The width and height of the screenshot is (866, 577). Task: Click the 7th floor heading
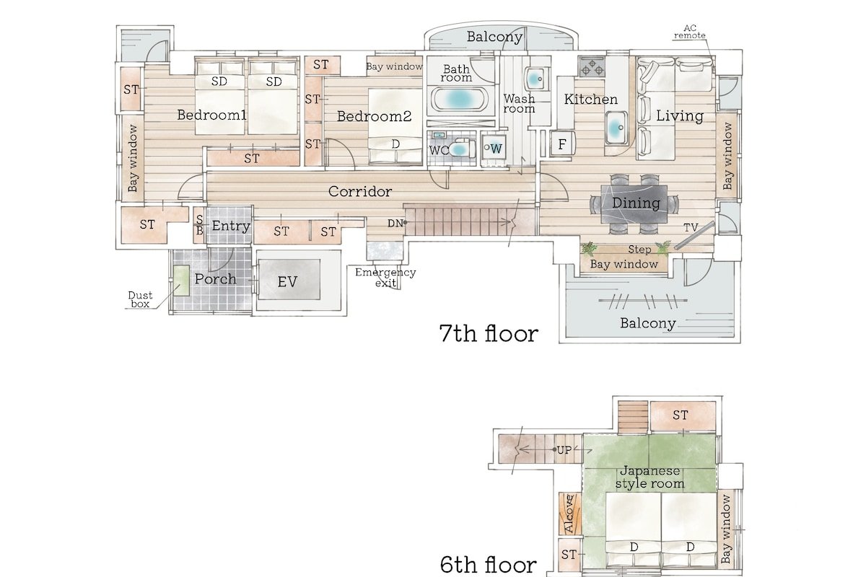tap(489, 333)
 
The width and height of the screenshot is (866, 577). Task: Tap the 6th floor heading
tap(489, 565)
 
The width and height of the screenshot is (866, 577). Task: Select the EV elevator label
tap(287, 282)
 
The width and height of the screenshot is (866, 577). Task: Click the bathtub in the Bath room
tap(459, 99)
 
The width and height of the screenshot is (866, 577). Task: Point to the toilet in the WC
tap(461, 149)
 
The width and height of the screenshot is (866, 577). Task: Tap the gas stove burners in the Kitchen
tap(592, 66)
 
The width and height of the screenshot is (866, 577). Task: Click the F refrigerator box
tap(561, 144)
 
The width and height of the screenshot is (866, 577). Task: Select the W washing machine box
tap(494, 149)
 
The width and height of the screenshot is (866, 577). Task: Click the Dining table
tap(634, 204)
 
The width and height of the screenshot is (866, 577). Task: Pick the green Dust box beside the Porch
tap(181, 281)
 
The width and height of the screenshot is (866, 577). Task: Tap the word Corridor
tap(360, 191)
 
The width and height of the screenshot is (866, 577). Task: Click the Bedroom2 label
tap(374, 116)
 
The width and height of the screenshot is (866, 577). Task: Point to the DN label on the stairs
tap(395, 224)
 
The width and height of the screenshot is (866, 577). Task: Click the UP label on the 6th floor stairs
tap(564, 450)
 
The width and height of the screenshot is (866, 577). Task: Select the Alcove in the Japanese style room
tap(570, 514)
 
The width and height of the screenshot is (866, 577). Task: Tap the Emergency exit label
tap(385, 278)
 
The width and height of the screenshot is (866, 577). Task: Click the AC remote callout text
tap(690, 32)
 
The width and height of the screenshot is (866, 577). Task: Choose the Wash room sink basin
tap(535, 79)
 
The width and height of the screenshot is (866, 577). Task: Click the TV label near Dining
tap(691, 228)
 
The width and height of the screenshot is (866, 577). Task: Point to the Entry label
tap(231, 226)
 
